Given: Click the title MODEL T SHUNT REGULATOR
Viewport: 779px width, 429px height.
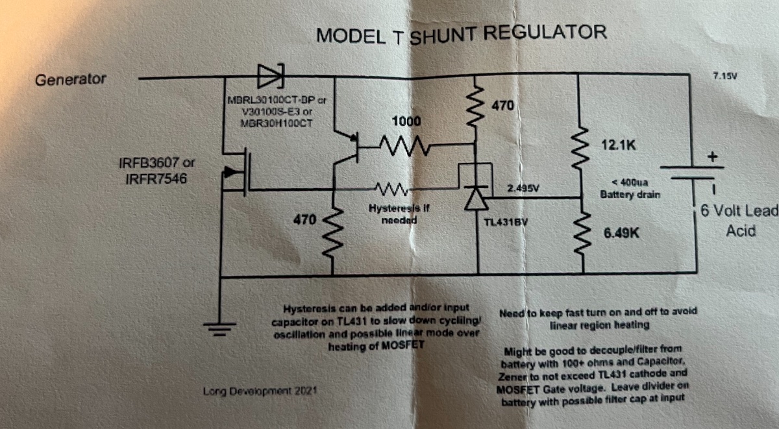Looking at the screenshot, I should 461,33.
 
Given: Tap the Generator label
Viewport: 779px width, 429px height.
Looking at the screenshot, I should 71,80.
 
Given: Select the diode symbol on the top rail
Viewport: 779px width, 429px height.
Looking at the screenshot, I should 271,77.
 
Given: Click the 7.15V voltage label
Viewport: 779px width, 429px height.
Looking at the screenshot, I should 724,76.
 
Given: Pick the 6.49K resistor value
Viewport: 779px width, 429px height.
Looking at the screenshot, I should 622,232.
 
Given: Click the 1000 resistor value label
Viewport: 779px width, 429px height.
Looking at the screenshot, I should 406,121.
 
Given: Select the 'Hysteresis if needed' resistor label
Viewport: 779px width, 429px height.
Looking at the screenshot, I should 396,214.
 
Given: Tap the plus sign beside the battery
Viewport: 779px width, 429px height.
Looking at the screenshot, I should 716,156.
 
